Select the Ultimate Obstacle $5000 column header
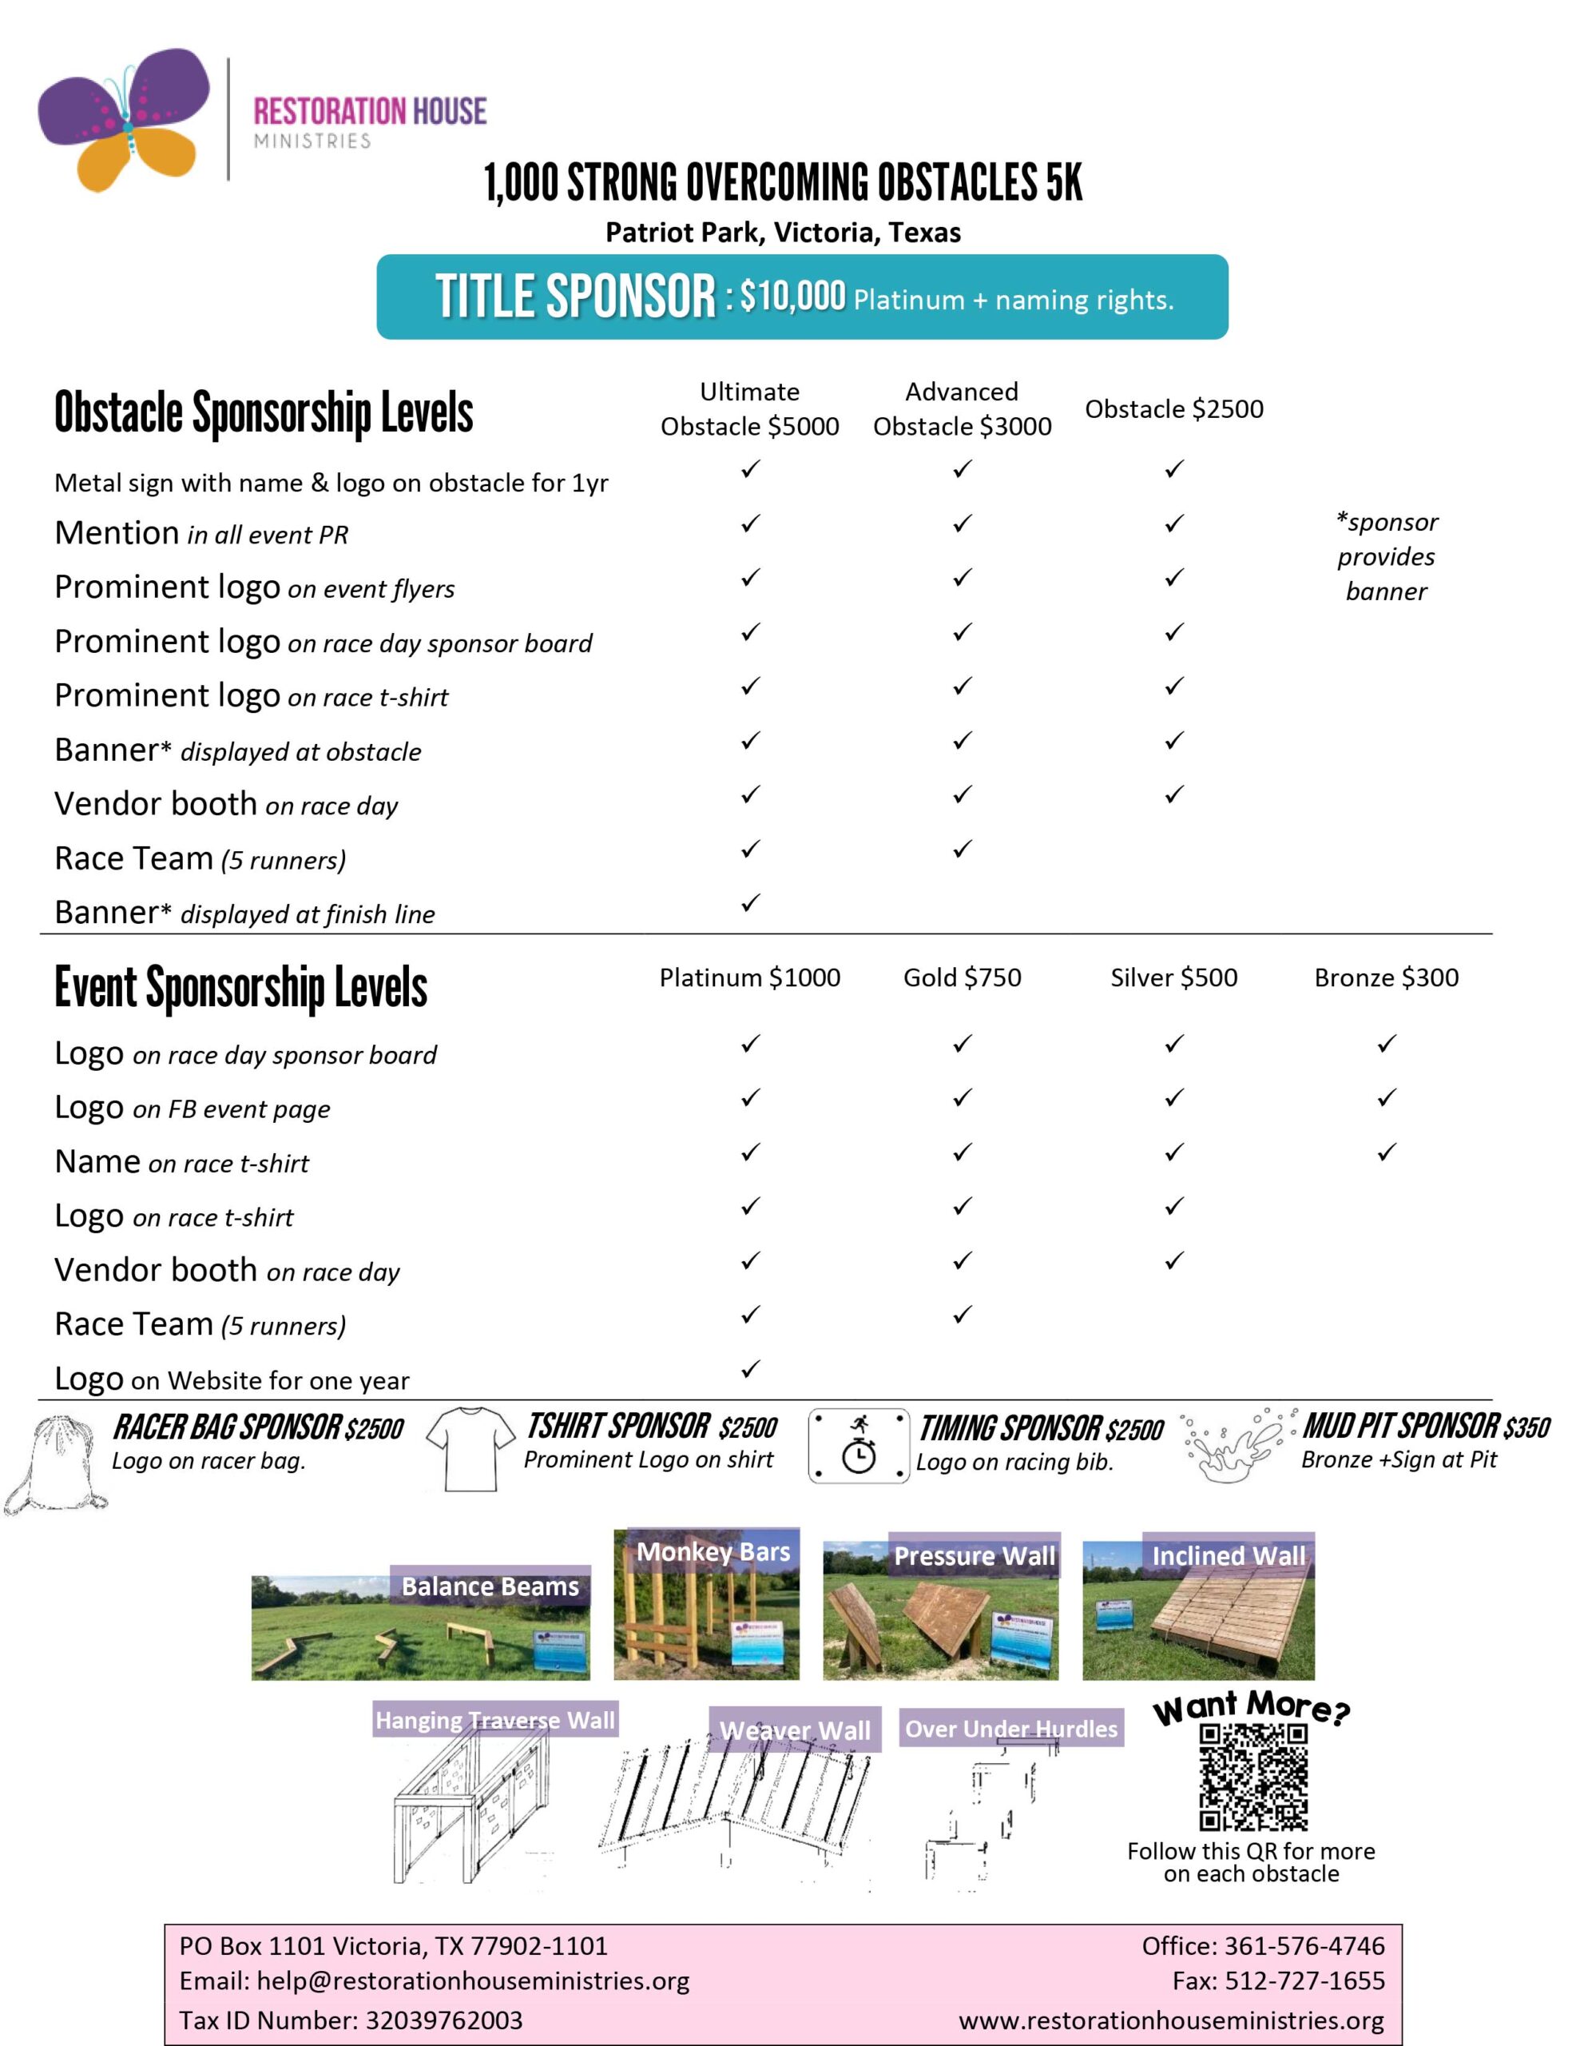click(749, 408)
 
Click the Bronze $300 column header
click(1386, 977)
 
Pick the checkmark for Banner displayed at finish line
click(749, 903)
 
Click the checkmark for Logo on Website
click(749, 1369)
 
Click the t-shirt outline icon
click(470, 1448)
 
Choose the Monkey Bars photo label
click(713, 1552)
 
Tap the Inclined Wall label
click(1228, 1556)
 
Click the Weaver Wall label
click(795, 1730)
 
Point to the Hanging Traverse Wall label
click(494, 1721)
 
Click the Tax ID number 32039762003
click(444, 2020)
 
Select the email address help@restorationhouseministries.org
click(473, 1980)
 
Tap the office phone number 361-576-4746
click(1304, 1946)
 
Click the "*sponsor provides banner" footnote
click(1386, 556)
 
